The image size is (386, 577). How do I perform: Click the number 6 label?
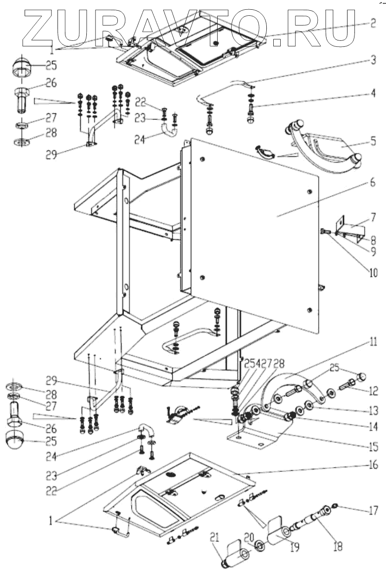coord(373,184)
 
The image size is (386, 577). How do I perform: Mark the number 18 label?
coord(337,547)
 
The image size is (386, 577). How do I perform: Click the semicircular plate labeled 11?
coord(288,385)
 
